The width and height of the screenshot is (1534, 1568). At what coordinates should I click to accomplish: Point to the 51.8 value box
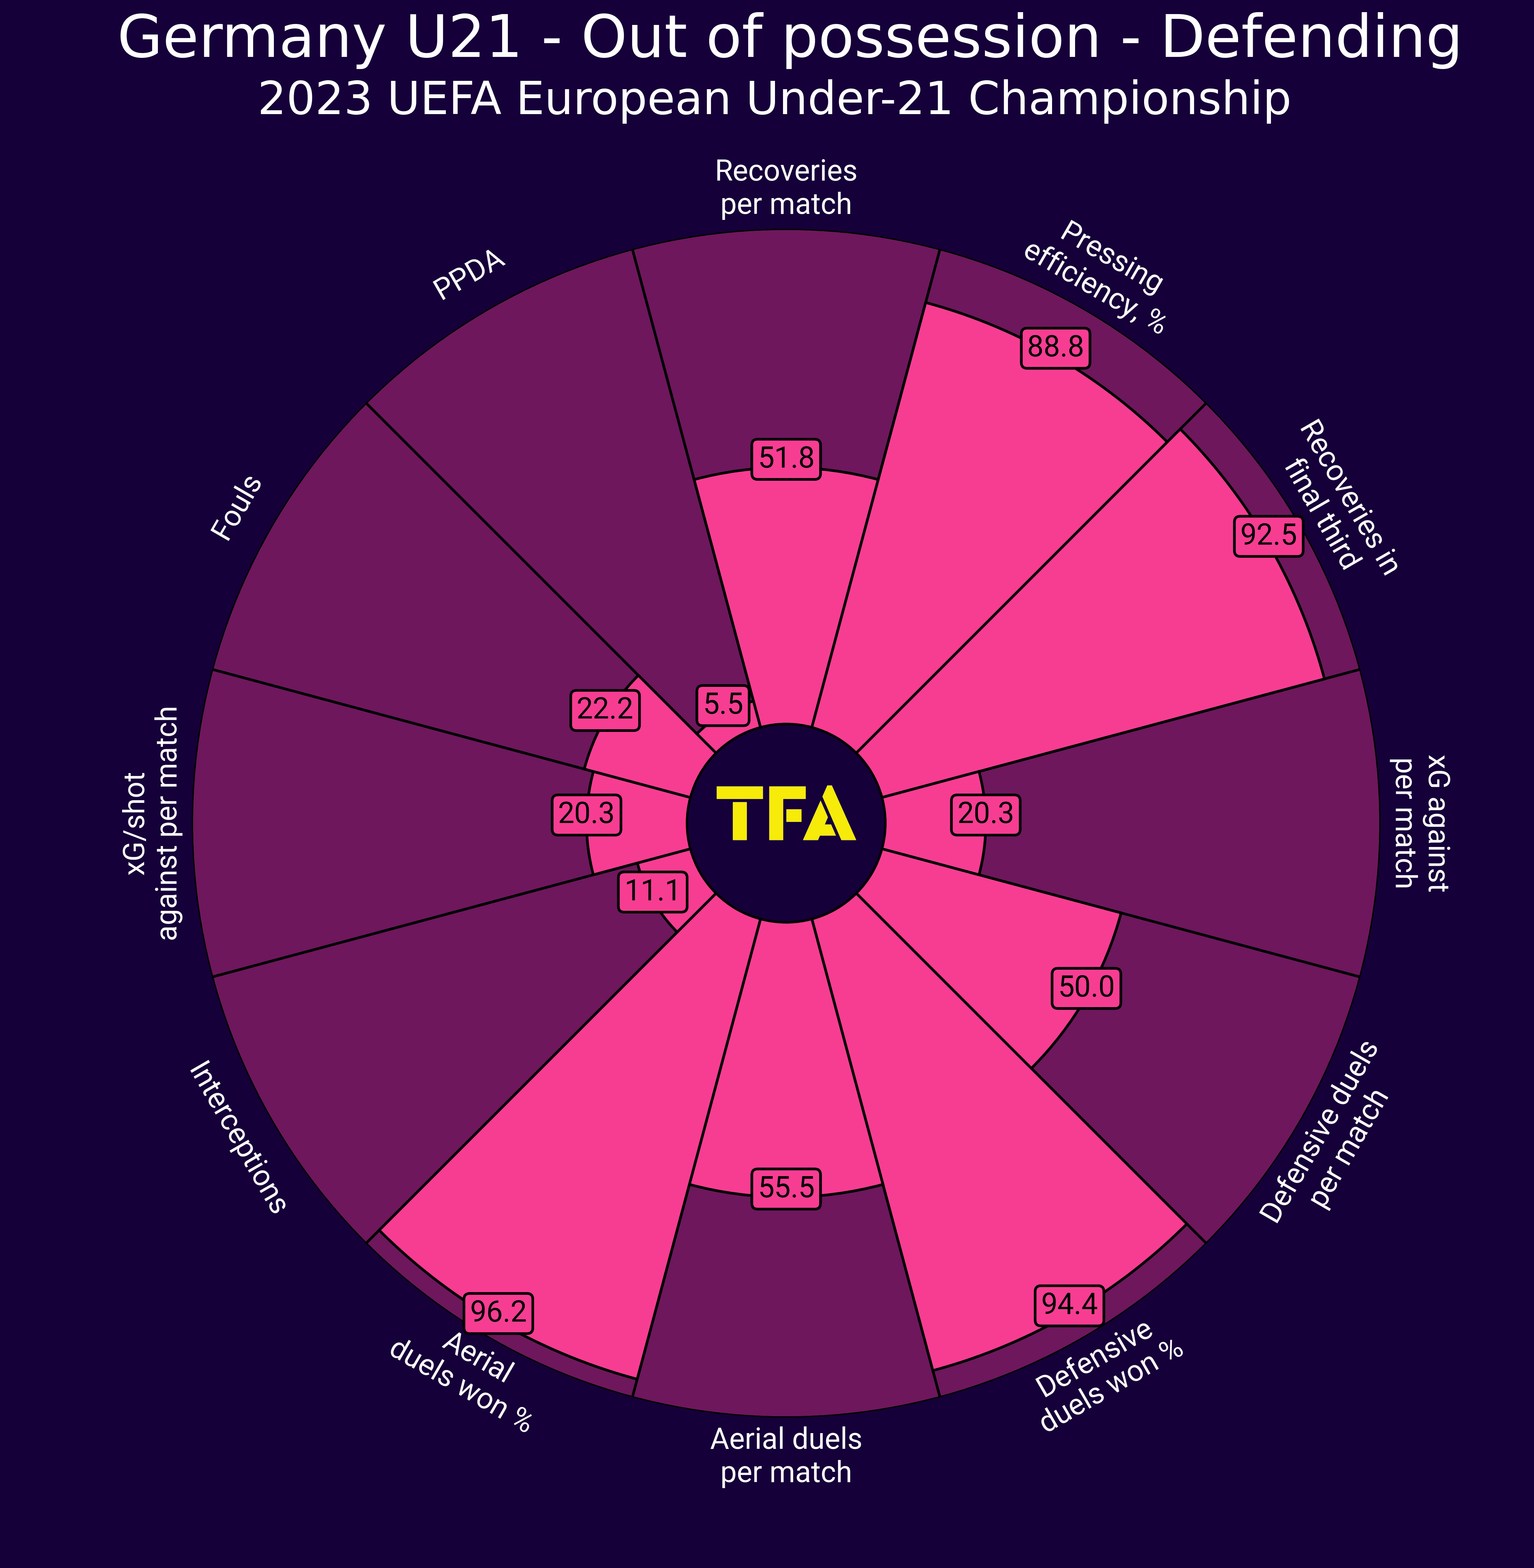point(786,458)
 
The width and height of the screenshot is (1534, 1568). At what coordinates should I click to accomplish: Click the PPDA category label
point(469,276)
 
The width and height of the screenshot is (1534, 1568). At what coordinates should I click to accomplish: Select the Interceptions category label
point(237,1137)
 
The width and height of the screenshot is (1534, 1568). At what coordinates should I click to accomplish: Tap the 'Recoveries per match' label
point(786,188)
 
